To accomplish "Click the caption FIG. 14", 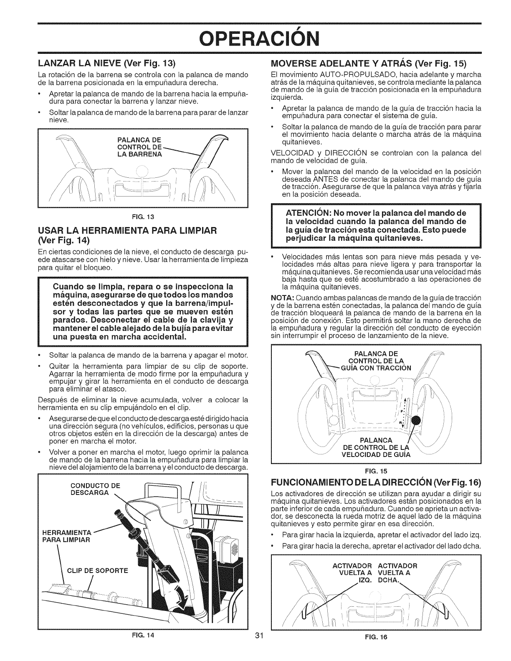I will tap(142, 648).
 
